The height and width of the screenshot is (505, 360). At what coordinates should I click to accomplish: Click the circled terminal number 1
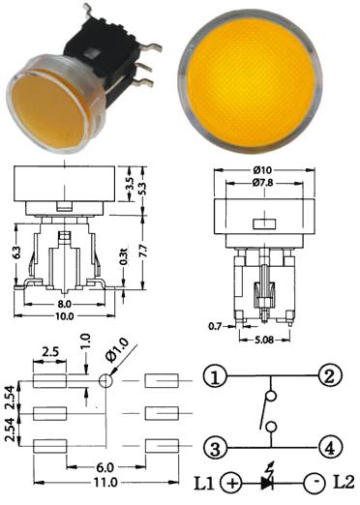point(215,376)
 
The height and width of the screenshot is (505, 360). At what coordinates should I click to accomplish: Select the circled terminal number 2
point(330,375)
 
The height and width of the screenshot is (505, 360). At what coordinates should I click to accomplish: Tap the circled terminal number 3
point(216,448)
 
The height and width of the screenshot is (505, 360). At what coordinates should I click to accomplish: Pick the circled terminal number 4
point(330,448)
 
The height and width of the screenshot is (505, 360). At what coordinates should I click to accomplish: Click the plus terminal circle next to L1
point(231,484)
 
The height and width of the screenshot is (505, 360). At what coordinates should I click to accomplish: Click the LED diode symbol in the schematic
point(268,481)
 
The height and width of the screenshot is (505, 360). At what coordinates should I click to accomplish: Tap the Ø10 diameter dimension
point(263,169)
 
